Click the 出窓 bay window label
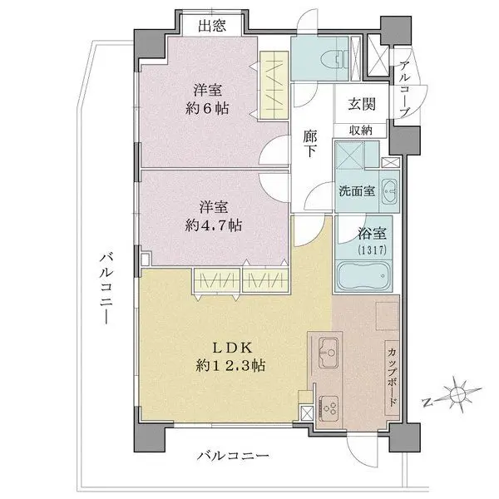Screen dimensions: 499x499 211,25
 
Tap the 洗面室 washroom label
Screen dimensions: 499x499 356,190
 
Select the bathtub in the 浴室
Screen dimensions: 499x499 363,275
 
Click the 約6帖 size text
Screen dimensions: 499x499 209,108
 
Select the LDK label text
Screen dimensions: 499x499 225,347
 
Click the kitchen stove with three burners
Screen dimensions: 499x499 328,408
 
